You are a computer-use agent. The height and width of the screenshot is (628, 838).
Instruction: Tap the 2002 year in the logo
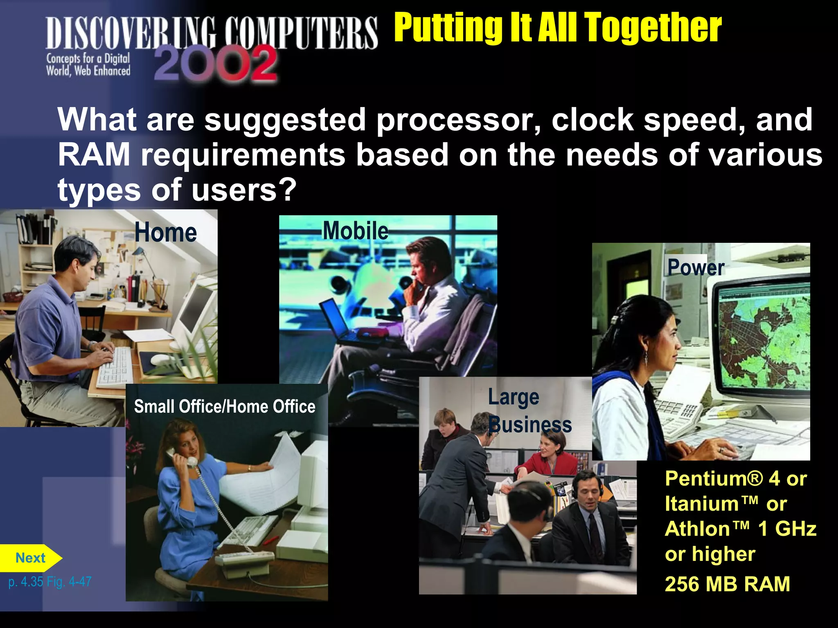pos(216,63)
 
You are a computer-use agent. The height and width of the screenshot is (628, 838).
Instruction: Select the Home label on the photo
pos(166,233)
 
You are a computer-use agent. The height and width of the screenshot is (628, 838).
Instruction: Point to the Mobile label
pos(356,231)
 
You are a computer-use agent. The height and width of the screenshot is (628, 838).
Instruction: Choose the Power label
pos(696,268)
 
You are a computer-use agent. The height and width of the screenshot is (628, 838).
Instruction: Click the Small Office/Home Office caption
pos(225,407)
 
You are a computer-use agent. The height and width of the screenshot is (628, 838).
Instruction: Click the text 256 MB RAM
pos(727,584)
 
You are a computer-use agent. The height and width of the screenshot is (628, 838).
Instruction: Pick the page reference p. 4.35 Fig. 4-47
pos(50,581)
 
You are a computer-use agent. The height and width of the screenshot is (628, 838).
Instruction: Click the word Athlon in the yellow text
pos(697,529)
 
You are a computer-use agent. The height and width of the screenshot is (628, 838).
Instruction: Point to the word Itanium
pos(701,504)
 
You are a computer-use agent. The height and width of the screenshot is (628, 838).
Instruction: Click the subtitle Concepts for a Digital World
pos(88,65)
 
